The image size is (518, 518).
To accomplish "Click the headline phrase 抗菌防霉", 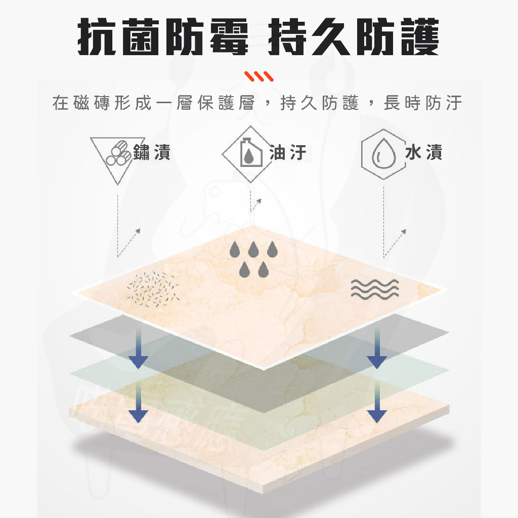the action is coord(162,36).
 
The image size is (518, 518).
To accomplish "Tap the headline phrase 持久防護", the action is coord(353,36).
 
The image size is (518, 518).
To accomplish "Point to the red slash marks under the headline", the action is coord(259,76).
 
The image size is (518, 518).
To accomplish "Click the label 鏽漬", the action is coord(152,153).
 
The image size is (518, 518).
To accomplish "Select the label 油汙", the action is coord(288,153).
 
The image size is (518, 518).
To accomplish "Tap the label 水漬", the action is coord(424,153).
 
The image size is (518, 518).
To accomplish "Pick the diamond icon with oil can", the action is coord(250,154).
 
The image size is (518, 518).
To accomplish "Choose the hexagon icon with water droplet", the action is coord(384,154).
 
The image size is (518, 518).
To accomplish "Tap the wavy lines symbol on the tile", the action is coord(375,289).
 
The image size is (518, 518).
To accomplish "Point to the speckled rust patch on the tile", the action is coord(153,289).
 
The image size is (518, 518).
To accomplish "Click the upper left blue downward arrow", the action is coord(139,348).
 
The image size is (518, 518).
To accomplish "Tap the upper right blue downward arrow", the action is coord(377,348).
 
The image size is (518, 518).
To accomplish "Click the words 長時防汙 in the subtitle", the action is coord(423,103).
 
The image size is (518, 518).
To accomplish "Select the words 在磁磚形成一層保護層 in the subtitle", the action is coord(154,103).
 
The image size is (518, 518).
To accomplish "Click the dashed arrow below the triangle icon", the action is coord(129,242).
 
